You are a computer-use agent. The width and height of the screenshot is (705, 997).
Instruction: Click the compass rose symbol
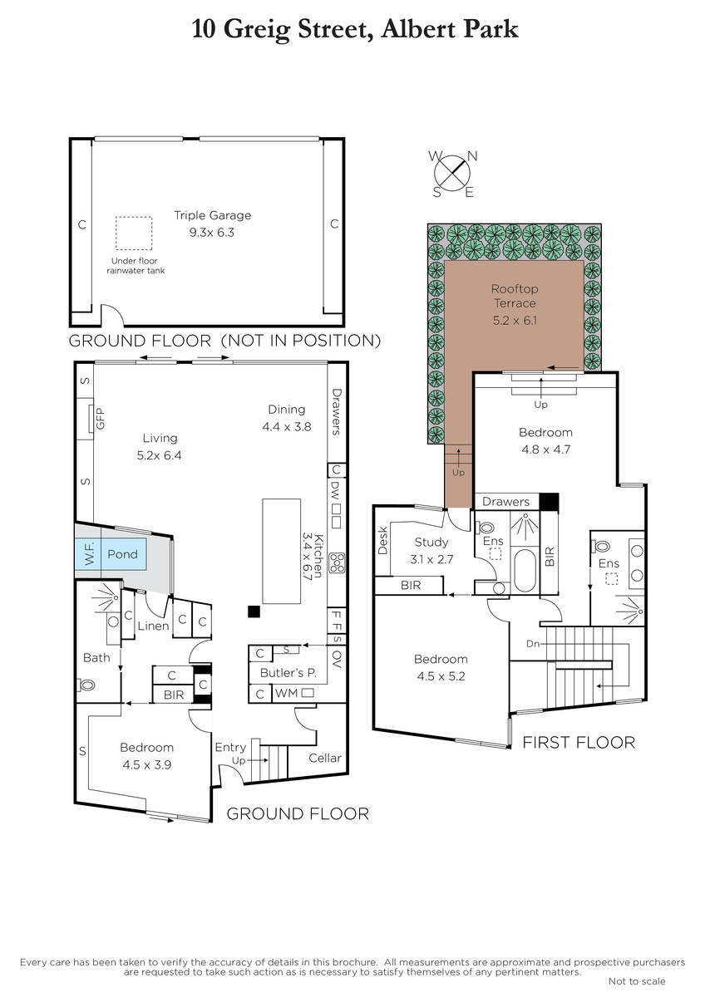coord(453,173)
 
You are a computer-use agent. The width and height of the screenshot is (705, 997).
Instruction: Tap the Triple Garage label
coord(213,215)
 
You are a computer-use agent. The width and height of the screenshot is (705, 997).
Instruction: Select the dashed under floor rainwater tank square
coord(134,233)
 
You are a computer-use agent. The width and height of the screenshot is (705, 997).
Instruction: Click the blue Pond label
coord(122,554)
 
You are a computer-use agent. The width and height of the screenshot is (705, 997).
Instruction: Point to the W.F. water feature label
coord(90,554)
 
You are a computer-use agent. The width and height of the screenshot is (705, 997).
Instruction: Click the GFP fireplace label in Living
coord(101,419)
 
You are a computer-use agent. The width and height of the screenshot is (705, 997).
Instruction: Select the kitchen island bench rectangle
coord(282,551)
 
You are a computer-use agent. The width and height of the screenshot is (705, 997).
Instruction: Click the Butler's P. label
coord(288,672)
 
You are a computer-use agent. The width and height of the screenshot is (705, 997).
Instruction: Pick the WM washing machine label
coord(286,693)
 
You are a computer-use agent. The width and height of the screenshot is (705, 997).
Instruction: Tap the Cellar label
coord(325,758)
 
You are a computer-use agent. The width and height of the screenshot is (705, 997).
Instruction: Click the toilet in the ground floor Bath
coord(86,685)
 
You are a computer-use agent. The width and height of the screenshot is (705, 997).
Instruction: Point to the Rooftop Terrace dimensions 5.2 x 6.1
coord(515,321)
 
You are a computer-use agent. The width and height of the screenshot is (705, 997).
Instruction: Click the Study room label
coord(431,542)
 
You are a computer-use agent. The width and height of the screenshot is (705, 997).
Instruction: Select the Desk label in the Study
coord(382,540)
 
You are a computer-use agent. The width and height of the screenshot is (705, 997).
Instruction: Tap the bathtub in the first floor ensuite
coord(525,571)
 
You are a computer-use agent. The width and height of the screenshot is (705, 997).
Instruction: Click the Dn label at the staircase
coord(533,644)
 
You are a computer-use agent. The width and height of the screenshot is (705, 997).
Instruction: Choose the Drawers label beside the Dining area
coord(336,412)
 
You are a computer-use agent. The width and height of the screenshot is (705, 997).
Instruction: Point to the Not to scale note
coord(637,981)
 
